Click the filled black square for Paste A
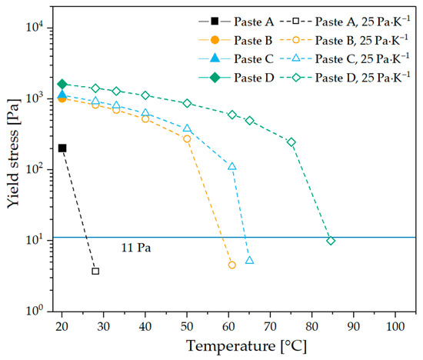point(62,148)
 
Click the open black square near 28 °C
point(95,271)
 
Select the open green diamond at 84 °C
point(331,241)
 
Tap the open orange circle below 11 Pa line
point(232,265)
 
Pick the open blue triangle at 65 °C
point(249,260)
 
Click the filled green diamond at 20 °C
point(62,84)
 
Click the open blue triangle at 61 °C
point(232,166)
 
